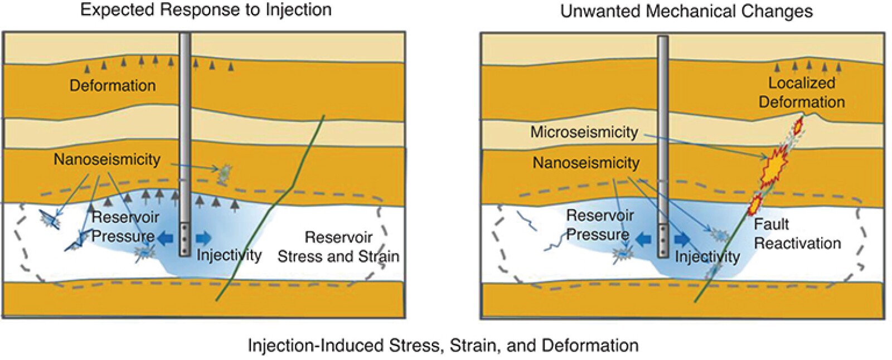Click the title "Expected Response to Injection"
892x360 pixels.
tap(206, 9)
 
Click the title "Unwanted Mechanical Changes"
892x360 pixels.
tap(686, 11)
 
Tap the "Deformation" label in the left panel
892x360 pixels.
tap(113, 85)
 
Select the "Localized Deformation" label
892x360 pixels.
tap(802, 93)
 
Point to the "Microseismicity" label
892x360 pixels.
tap(584, 132)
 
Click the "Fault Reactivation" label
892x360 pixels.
tap(797, 233)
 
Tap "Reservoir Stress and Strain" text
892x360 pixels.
tap(338, 247)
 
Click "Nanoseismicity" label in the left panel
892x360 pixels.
tap(107, 159)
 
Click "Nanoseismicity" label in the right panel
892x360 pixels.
tap(586, 163)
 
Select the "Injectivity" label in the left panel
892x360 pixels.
tap(229, 255)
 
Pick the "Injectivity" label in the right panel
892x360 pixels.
tap(707, 256)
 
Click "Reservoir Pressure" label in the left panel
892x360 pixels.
tap(124, 226)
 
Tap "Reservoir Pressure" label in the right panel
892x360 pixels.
tap(599, 225)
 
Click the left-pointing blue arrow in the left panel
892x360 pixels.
tap(166, 238)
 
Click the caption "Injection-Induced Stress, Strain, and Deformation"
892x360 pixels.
tap(443, 346)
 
